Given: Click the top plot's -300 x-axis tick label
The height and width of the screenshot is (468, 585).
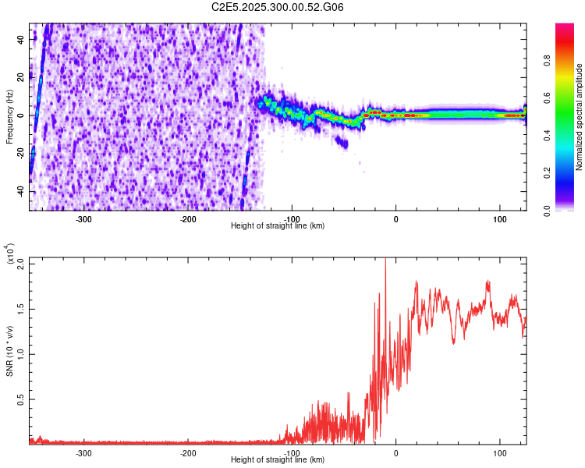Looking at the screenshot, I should (84, 218).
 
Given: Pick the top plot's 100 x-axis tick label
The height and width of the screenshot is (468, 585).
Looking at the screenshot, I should (499, 218).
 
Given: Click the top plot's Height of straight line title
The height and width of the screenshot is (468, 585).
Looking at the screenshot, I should (278, 226).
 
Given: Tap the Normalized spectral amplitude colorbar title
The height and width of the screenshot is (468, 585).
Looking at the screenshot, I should (580, 117).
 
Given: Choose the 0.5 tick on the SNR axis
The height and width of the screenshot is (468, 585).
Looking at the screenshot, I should (21, 399).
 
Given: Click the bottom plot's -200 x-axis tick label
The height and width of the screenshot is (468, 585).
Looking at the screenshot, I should (188, 453).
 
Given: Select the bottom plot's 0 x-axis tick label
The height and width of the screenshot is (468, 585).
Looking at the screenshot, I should (395, 453).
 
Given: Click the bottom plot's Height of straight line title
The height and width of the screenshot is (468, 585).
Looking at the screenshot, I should (278, 460).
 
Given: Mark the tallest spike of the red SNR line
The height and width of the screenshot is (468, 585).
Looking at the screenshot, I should (385, 261).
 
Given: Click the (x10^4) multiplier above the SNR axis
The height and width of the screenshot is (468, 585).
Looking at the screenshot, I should (9, 254).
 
